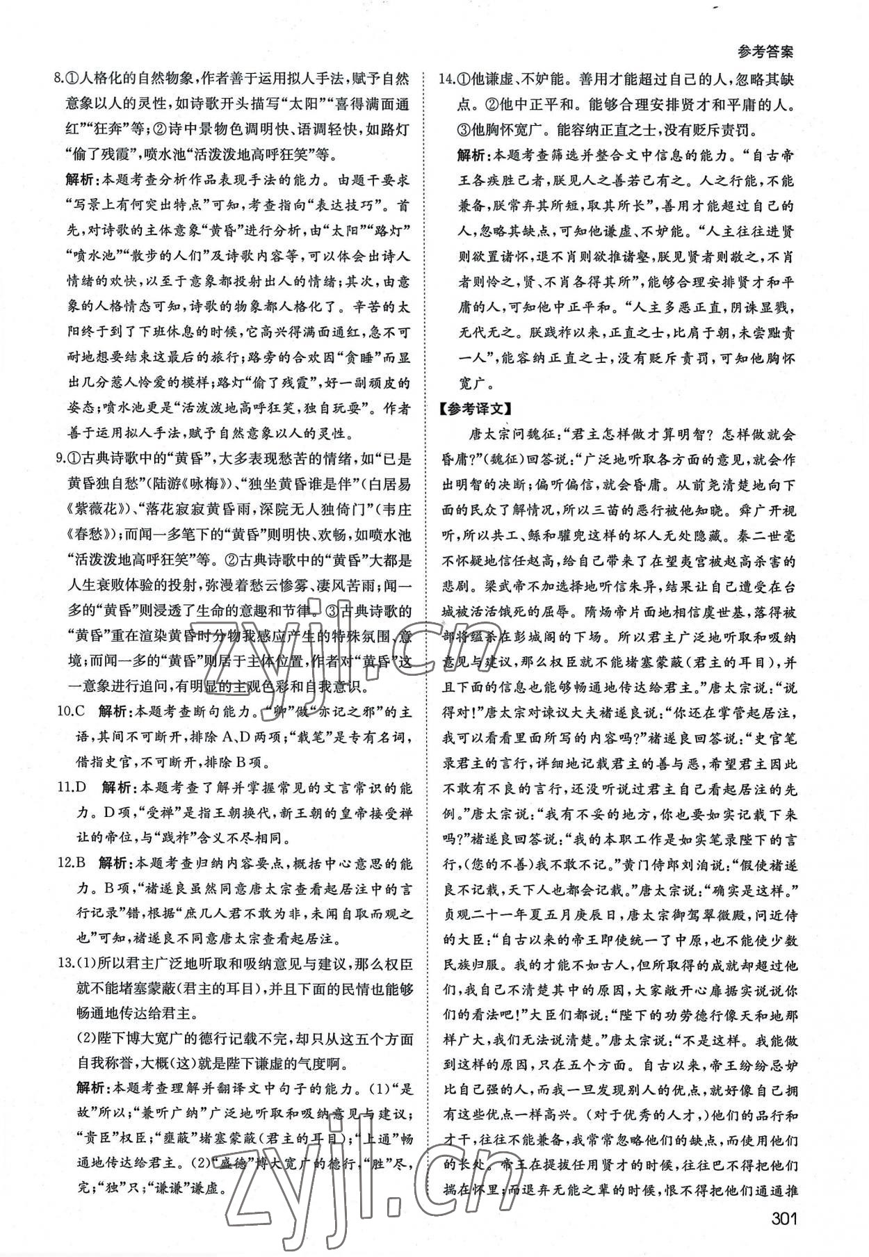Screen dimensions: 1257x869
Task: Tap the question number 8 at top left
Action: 59,79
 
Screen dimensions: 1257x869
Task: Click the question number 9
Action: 59,459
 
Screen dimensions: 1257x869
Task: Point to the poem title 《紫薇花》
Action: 95,510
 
